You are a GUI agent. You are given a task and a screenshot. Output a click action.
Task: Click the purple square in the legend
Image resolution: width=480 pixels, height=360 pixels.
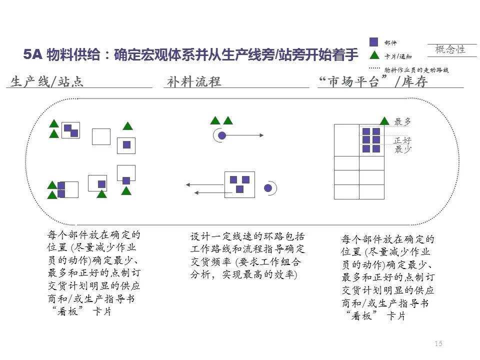pyautogui.click(x=374, y=42)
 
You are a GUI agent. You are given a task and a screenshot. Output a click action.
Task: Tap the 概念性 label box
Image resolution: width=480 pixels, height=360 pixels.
pyautogui.click(x=450, y=49)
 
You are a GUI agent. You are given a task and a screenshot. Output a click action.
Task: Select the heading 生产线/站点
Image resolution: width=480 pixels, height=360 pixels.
pyautogui.click(x=47, y=82)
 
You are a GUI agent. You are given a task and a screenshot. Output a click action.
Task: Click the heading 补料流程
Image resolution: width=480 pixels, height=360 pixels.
pyautogui.click(x=194, y=82)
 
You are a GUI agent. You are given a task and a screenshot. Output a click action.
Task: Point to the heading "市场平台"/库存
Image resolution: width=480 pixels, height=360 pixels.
pyautogui.click(x=373, y=82)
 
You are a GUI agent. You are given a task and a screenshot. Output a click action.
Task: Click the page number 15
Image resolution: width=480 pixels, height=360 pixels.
pyautogui.click(x=438, y=343)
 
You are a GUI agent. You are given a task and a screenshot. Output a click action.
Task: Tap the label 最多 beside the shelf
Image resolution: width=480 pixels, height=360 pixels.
pyautogui.click(x=402, y=121)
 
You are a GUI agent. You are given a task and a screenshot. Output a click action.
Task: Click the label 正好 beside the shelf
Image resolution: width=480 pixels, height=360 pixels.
pyautogui.click(x=402, y=140)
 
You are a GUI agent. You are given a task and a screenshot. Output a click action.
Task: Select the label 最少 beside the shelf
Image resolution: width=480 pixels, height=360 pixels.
pyautogui.click(x=402, y=149)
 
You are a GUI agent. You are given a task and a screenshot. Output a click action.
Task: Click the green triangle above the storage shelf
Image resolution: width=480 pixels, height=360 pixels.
pyautogui.click(x=384, y=120)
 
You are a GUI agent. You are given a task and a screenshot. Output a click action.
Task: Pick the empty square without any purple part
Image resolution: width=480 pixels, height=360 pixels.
pyautogui.click(x=101, y=136)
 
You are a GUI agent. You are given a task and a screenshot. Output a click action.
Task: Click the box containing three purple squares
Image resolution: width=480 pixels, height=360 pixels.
pyautogui.click(x=239, y=184)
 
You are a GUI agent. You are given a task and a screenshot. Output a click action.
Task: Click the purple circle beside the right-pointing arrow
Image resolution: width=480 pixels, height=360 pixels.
pyautogui.click(x=222, y=135)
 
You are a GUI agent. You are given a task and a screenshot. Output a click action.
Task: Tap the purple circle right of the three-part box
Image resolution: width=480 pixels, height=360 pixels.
pyautogui.click(x=268, y=188)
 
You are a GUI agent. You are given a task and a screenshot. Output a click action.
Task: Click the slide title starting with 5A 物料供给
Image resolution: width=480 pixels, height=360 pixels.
pyautogui.click(x=191, y=54)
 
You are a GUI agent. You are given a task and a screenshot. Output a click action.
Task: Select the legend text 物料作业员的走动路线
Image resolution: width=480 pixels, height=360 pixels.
pyautogui.click(x=416, y=70)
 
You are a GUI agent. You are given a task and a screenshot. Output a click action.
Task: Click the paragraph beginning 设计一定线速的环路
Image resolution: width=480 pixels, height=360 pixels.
pyautogui.click(x=247, y=255)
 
